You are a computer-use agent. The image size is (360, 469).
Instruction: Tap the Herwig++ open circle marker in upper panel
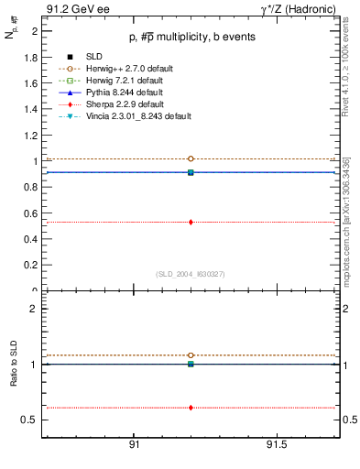[191, 158]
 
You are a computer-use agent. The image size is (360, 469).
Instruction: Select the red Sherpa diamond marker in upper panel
[191, 222]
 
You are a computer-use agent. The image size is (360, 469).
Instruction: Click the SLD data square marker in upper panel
[191, 172]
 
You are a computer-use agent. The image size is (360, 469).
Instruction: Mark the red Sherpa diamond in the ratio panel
[191, 408]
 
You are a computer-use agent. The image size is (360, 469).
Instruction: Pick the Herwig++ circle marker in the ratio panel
[191, 354]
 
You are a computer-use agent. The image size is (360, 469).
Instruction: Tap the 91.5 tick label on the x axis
[276, 444]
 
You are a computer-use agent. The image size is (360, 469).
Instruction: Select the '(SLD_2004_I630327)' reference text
[190, 273]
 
